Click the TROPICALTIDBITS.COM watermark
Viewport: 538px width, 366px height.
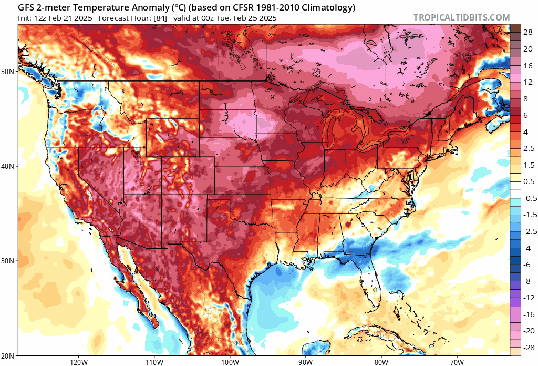click(461, 17)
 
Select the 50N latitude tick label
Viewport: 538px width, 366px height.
click(9, 71)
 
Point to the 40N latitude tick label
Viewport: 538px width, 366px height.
click(9, 166)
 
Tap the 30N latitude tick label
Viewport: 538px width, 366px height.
click(9, 261)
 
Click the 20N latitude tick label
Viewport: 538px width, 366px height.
click(9, 356)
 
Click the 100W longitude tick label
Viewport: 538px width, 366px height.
click(230, 361)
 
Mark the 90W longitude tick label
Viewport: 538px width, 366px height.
click(305, 361)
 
